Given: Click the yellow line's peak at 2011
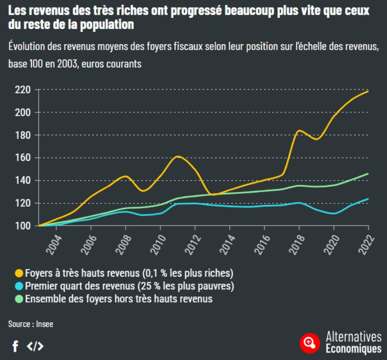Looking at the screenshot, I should [x=178, y=157].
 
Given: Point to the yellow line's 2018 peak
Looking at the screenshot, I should [x=299, y=131].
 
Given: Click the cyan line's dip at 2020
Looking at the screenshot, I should [x=334, y=213].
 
